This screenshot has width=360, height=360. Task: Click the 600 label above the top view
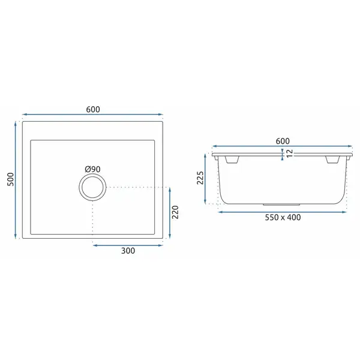point(93,109)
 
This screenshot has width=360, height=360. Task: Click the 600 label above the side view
point(283,141)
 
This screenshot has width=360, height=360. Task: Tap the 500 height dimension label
point(11,179)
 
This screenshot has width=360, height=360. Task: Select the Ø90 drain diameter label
point(92,169)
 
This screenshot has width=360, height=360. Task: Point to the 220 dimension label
point(175,212)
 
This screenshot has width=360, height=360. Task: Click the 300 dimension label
point(128,251)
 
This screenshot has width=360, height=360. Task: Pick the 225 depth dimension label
point(200,178)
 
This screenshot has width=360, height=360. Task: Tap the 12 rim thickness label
point(290,153)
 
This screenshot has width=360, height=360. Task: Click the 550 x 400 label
point(283,217)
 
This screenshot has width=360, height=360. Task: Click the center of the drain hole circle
point(92,187)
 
